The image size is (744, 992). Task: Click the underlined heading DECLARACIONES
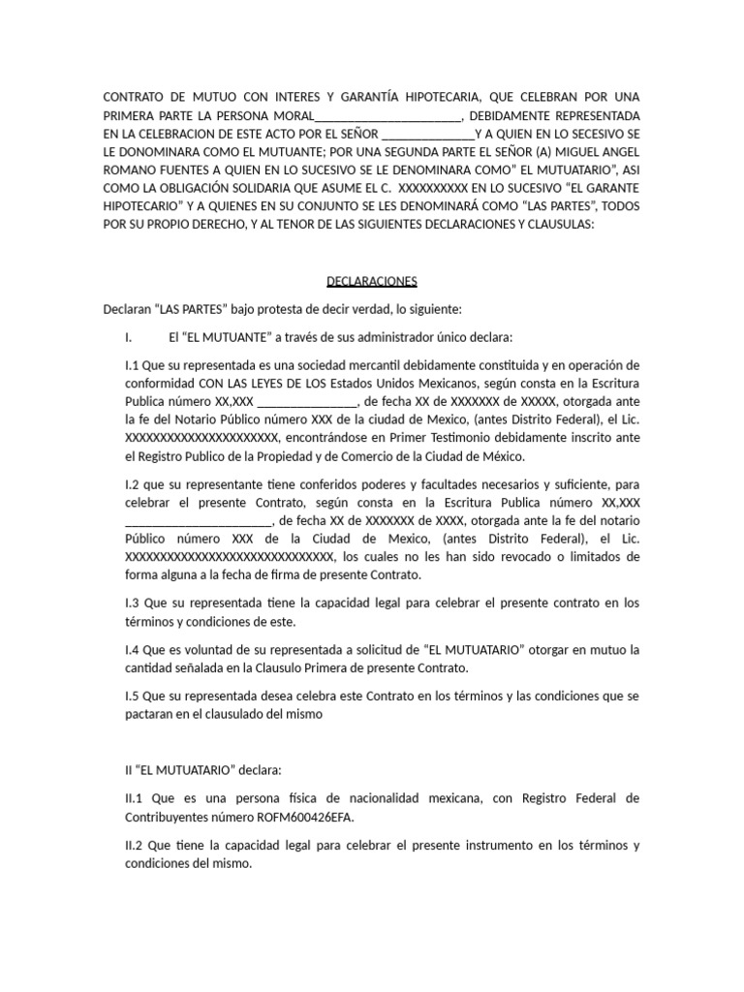[371, 282]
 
